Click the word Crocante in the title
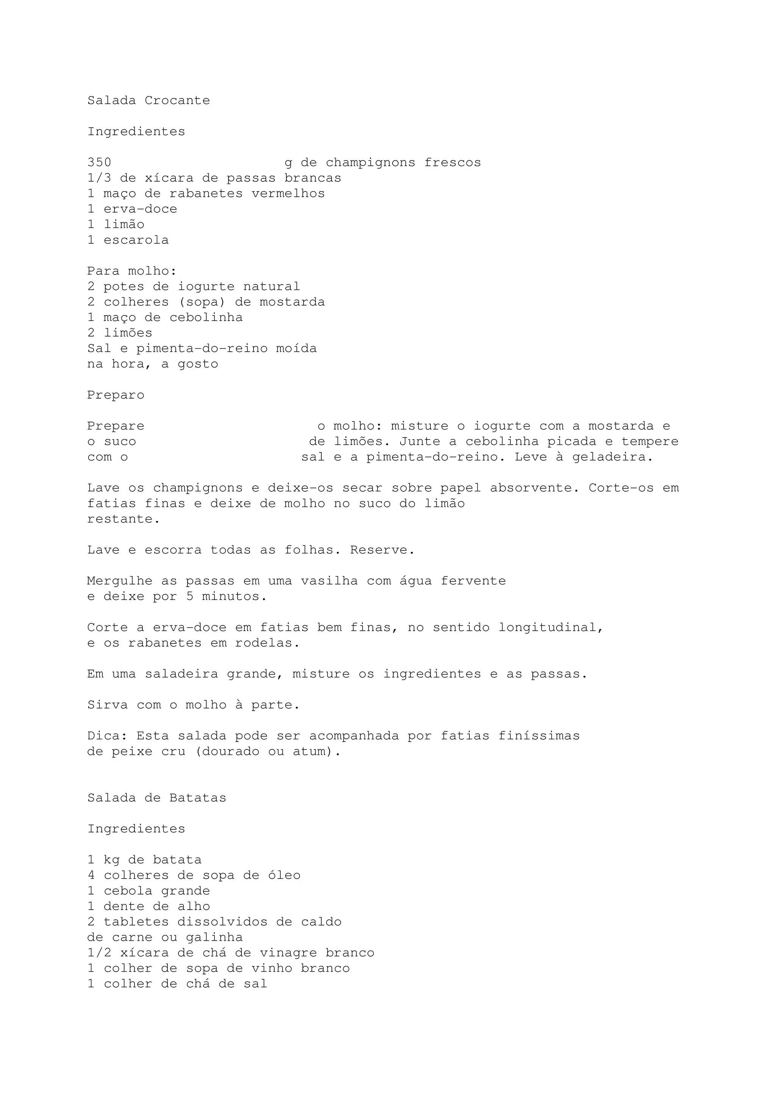177,100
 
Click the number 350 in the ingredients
99,162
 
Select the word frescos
452,162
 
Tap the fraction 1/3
99,178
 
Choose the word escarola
136,240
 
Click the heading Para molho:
132,271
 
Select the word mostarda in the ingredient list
292,302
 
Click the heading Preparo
116,395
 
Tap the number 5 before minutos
190,596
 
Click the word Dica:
107,736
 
